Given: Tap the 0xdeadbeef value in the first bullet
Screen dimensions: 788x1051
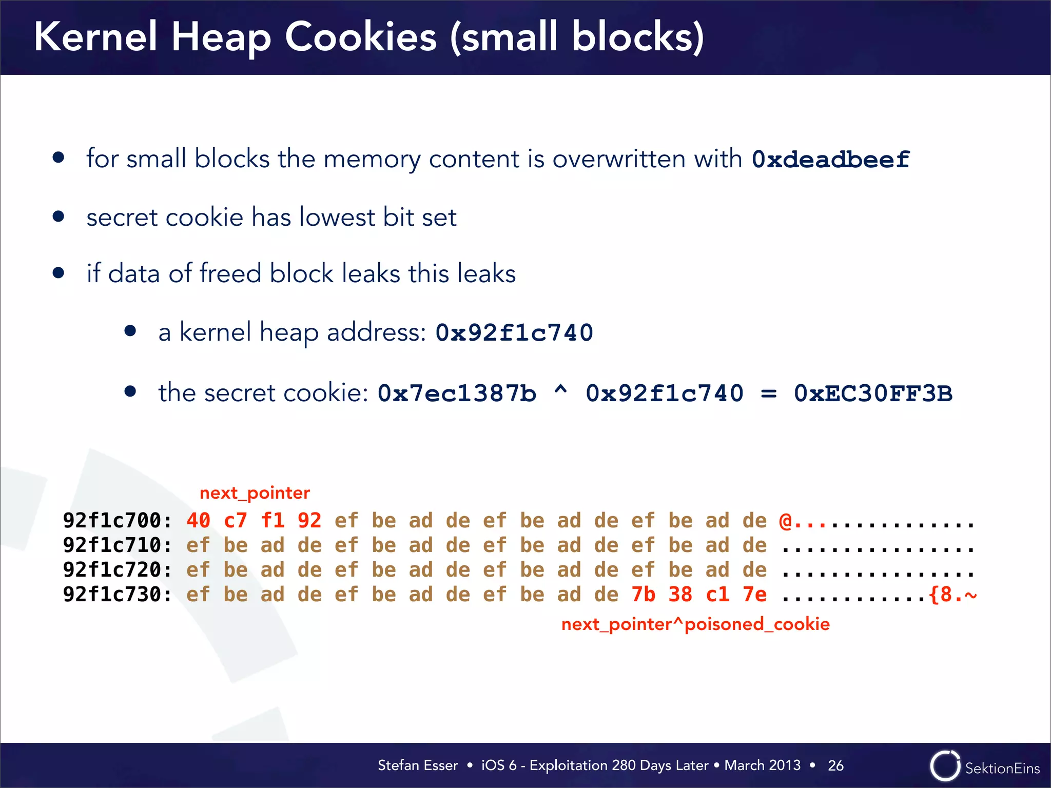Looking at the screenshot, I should tap(830, 160).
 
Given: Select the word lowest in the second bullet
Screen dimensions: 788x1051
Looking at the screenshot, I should tap(337, 217).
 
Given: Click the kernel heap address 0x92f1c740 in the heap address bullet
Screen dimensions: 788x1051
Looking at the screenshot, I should tap(514, 332).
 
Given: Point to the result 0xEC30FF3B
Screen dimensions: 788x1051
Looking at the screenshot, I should tap(872, 393).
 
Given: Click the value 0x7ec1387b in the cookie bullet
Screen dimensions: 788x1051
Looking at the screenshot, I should tap(457, 393).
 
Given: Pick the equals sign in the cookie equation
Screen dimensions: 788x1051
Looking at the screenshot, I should tap(768, 394).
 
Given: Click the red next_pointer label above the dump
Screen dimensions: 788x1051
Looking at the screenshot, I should tap(255, 493).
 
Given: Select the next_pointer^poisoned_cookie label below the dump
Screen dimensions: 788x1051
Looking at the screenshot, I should tap(695, 624).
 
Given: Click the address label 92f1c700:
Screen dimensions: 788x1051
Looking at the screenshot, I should tap(117, 521).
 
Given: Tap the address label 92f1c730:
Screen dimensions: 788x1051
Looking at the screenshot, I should tap(117, 595).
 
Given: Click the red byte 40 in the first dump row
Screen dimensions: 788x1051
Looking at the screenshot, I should tap(198, 521).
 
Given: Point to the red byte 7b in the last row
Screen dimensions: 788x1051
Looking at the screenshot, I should tap(644, 595).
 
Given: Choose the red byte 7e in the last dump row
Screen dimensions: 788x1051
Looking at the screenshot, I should tap(754, 595).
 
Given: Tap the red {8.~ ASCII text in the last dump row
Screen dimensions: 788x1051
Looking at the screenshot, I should tap(953, 595).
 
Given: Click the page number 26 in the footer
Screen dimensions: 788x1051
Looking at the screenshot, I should tap(835, 765).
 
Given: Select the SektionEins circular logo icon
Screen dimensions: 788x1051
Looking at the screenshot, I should tap(945, 766).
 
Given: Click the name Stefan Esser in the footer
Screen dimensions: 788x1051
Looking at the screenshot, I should tap(417, 765).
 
